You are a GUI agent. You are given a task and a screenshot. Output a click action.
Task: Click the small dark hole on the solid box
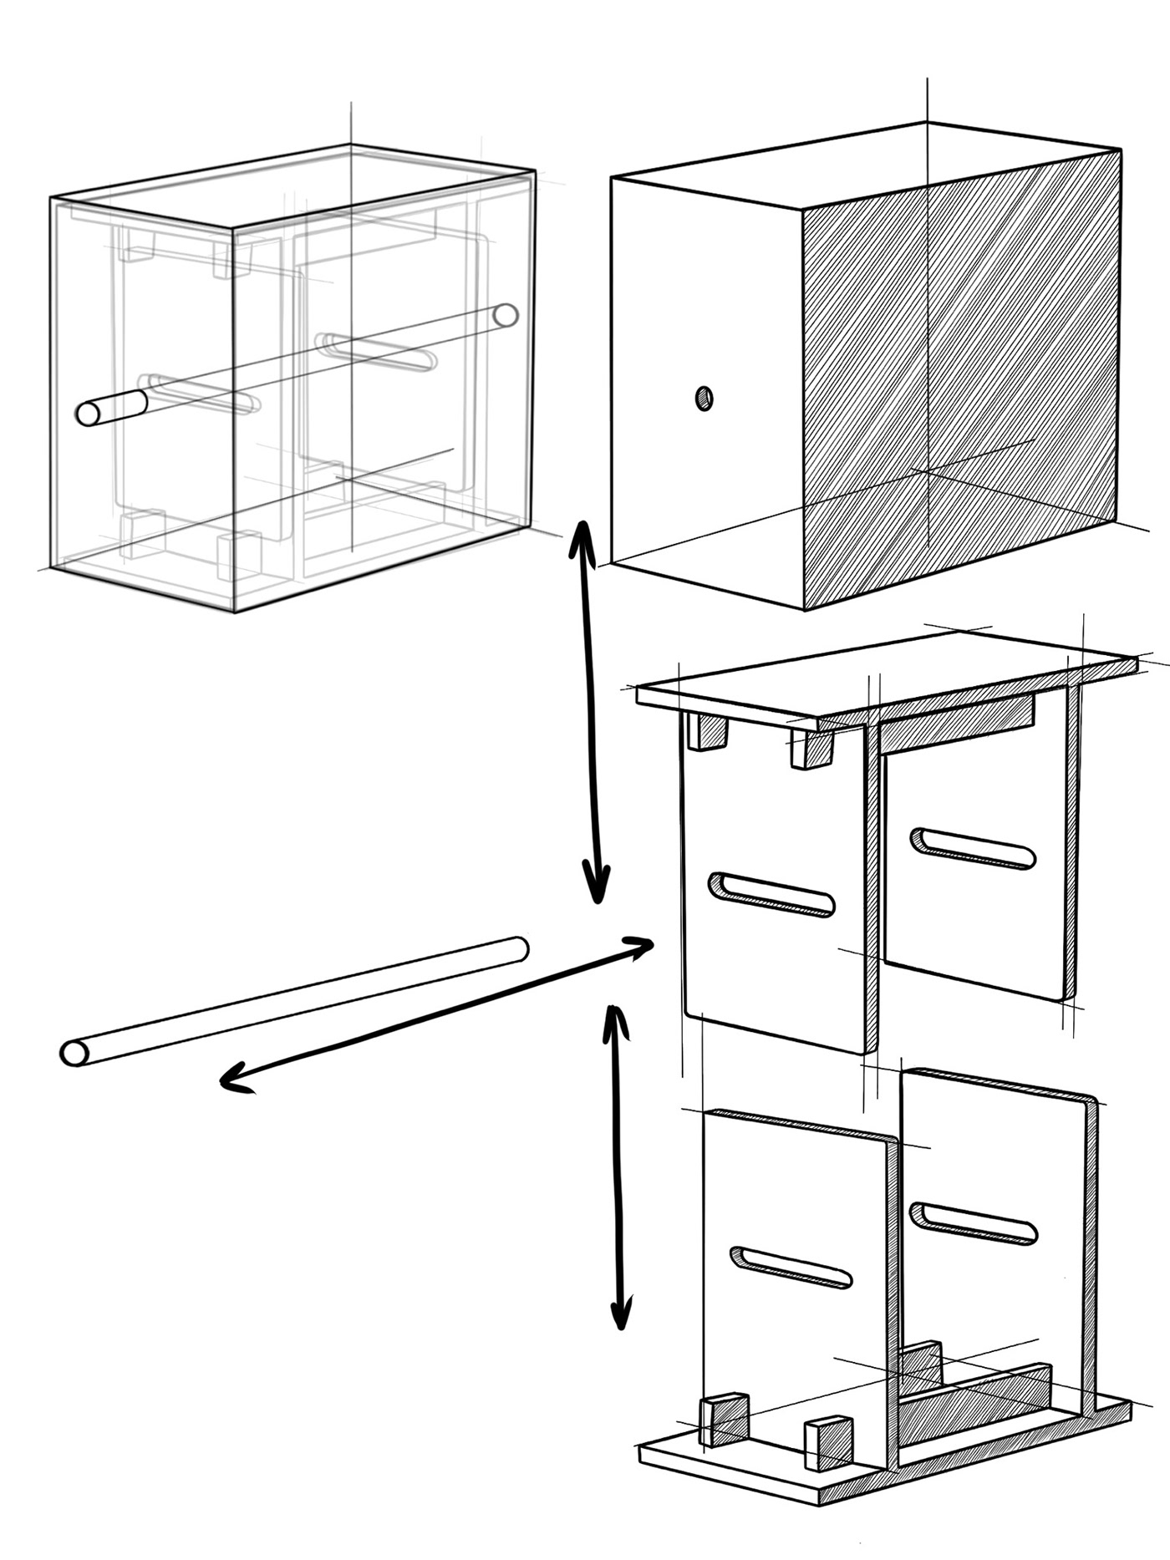coord(704,399)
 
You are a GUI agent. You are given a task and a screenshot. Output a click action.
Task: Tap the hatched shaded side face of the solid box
coord(961,376)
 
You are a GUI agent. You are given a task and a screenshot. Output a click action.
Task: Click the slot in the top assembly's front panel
coord(771,896)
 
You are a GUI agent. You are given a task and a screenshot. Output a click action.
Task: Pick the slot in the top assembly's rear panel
coord(974,849)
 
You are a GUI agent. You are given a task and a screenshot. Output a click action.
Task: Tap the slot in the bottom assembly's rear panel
coord(974,1223)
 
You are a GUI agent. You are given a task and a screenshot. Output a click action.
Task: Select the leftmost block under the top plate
coord(707,731)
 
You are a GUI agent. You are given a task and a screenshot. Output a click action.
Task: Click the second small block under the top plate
coord(811,748)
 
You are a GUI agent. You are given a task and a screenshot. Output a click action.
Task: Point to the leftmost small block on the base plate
coord(722,1418)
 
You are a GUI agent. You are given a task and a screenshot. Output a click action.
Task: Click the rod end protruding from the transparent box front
coord(88,413)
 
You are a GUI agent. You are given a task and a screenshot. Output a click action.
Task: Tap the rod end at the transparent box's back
coord(505,315)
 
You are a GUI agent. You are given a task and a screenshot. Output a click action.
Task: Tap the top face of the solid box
coord(861,163)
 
